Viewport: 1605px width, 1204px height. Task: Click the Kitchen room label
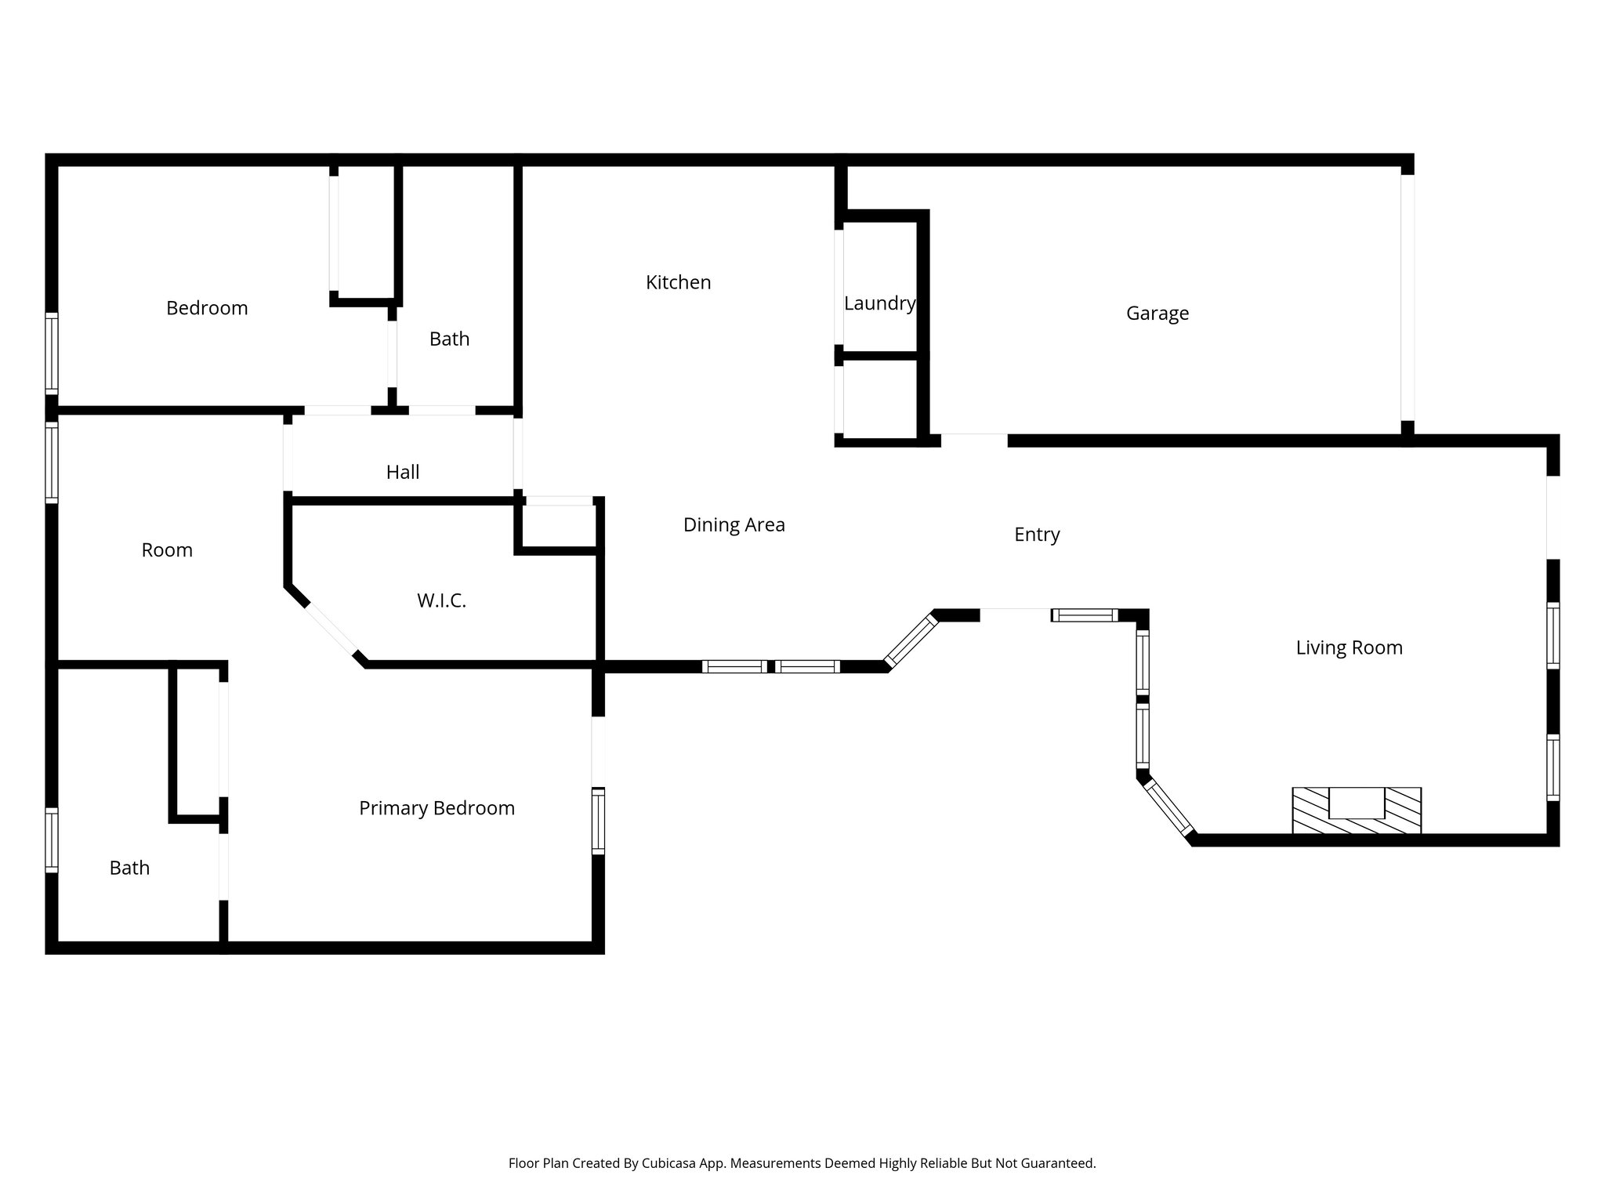point(678,282)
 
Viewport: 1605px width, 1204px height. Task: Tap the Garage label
point(1157,314)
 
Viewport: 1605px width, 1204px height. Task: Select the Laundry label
point(879,303)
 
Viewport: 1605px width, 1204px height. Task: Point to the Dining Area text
point(734,525)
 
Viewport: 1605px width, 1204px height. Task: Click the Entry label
point(1036,535)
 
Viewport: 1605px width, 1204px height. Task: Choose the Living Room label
point(1348,647)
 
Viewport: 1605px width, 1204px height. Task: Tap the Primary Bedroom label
point(437,808)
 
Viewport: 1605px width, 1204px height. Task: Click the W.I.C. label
point(441,601)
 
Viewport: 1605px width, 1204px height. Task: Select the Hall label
point(402,472)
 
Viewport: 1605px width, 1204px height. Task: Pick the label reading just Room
point(167,550)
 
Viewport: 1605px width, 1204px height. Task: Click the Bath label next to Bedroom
point(449,339)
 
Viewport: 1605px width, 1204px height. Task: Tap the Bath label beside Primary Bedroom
point(129,868)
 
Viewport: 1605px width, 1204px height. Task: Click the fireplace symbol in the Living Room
point(1356,811)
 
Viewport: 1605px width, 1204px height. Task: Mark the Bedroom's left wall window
point(52,353)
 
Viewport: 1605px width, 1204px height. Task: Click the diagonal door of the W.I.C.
point(331,629)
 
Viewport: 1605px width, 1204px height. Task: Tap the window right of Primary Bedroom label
point(599,821)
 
